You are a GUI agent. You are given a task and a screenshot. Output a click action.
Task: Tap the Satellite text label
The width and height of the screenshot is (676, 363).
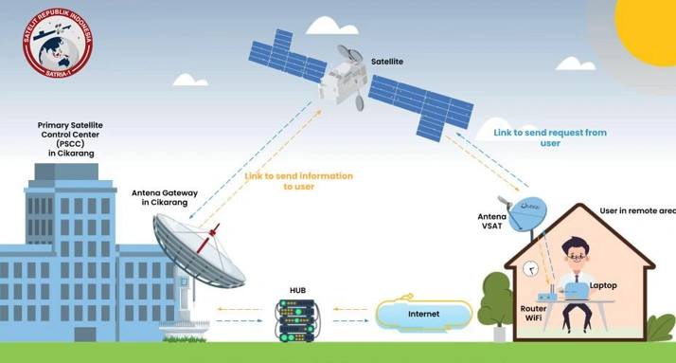tap(386, 61)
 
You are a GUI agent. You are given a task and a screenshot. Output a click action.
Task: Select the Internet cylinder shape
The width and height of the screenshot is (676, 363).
tap(422, 314)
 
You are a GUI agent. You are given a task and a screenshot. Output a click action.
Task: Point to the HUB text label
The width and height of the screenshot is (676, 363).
tap(298, 290)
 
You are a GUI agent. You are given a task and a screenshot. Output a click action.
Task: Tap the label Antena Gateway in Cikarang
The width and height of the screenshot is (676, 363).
tap(165, 198)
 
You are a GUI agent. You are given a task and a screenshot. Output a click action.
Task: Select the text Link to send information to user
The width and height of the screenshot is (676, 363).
tap(298, 181)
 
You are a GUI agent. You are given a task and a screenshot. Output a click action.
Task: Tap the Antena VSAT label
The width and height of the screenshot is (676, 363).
tap(491, 221)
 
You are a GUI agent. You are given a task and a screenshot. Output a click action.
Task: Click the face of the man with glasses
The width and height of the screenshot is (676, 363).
tap(576, 254)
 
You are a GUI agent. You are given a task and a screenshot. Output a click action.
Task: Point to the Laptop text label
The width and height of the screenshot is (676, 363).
tap(603, 285)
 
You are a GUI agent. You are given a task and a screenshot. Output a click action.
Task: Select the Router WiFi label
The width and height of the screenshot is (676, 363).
tap(533, 313)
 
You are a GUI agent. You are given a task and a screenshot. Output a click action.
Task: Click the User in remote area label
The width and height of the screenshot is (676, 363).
tap(637, 209)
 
